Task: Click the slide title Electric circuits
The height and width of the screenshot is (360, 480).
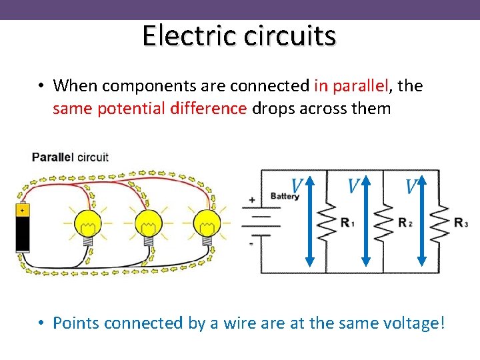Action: pos(239,35)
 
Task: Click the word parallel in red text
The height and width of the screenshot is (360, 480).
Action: pos(368,86)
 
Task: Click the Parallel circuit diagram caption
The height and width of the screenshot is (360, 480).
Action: pos(70,157)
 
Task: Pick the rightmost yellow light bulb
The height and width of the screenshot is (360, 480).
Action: pos(207,225)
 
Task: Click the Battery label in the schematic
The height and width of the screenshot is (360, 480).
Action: pos(284,196)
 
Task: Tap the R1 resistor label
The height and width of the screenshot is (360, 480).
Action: pos(347,223)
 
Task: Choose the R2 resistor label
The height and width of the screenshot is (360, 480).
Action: pos(405,223)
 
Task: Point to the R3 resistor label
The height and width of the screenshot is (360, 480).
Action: pos(461,223)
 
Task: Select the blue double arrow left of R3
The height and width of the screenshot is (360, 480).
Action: pos(421,224)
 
